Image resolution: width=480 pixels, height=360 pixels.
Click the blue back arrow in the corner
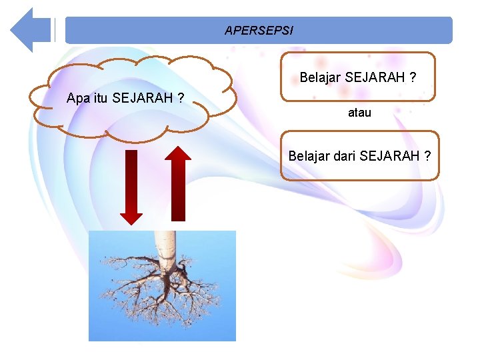[30, 30]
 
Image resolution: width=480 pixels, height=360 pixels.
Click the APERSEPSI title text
[259, 31]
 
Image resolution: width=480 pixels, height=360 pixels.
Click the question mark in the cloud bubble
[181, 99]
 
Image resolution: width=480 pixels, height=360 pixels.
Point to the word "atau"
[359, 113]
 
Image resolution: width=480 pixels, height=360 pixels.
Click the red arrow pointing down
[131, 187]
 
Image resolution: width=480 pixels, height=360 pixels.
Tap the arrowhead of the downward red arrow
[131, 217]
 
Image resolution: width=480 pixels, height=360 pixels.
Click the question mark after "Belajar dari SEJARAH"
[427, 156]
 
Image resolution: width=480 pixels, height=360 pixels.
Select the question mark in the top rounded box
[413, 78]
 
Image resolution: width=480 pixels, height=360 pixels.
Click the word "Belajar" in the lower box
[308, 156]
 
